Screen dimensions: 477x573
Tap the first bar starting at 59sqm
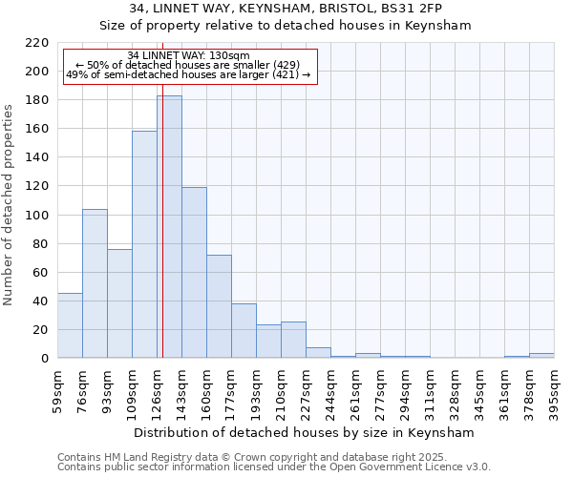(x=70, y=325)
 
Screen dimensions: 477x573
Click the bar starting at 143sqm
(x=194, y=273)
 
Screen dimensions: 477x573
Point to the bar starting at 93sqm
(x=119, y=303)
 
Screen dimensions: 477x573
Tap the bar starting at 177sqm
(x=244, y=331)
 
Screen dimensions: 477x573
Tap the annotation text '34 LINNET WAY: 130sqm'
(x=188, y=55)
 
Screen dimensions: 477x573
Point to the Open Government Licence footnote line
(x=274, y=467)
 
